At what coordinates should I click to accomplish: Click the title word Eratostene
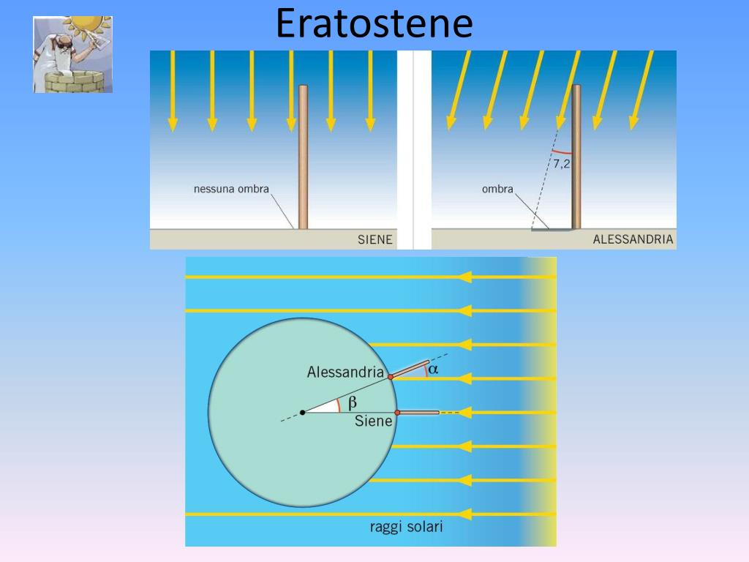[x=374, y=23]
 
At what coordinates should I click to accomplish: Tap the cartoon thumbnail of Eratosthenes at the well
[x=72, y=54]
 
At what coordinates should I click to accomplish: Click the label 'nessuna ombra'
[x=231, y=190]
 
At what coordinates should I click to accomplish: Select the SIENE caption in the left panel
[x=374, y=239]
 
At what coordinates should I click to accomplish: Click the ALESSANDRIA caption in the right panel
[x=633, y=239]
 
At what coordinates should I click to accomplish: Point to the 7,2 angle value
[x=562, y=165]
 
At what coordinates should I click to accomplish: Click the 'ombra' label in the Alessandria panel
[x=497, y=190]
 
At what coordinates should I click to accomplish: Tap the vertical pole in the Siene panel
[x=303, y=157]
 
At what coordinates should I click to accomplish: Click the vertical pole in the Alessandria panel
[x=576, y=157]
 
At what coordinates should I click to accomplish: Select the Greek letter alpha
[x=433, y=370]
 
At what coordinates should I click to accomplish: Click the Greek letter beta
[x=352, y=402]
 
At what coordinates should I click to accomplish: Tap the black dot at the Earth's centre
[x=303, y=413]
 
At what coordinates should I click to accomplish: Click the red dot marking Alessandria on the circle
[x=391, y=377]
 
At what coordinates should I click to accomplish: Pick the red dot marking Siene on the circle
[x=397, y=413]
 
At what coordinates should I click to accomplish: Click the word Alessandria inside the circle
[x=345, y=372]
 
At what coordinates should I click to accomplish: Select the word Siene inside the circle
[x=374, y=421]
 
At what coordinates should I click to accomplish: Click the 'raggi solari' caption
[x=407, y=527]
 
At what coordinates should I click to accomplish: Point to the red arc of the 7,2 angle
[x=562, y=152]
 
